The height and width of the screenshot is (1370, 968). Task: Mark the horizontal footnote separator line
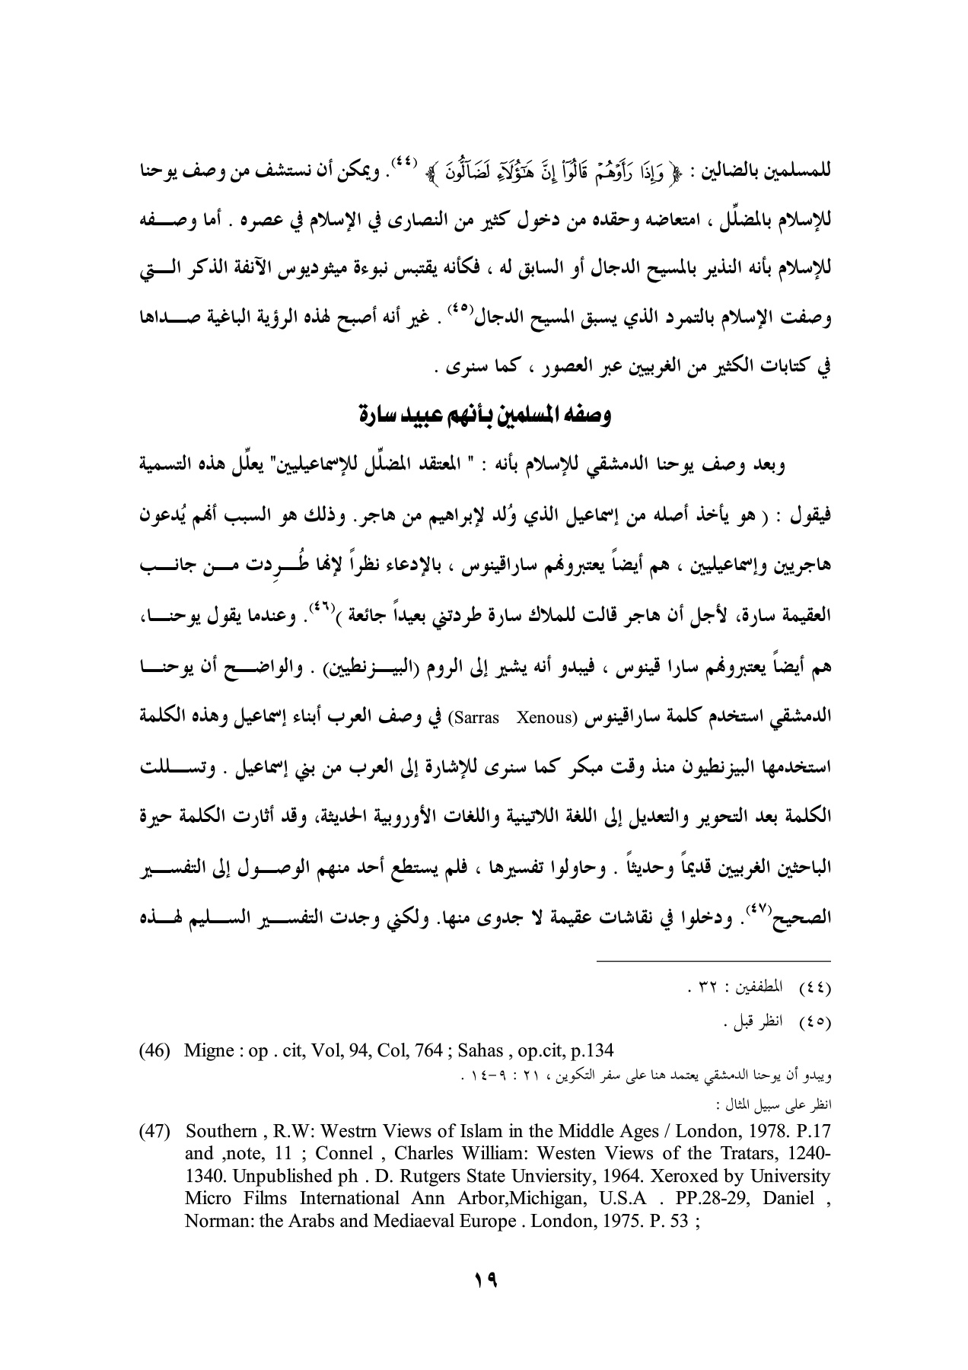pos(713,961)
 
